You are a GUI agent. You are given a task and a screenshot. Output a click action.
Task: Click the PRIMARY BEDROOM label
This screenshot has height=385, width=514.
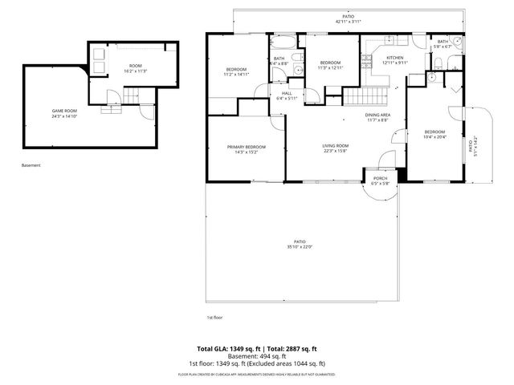245,148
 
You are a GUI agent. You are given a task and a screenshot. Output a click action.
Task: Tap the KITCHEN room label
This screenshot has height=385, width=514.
395,58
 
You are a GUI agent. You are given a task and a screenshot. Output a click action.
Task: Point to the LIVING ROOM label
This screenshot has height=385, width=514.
335,145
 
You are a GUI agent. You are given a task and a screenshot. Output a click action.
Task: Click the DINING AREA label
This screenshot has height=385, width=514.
378,115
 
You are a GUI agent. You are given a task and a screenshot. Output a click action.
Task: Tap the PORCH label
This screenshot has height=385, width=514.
380,178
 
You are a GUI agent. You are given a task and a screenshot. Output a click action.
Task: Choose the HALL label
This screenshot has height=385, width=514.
286,93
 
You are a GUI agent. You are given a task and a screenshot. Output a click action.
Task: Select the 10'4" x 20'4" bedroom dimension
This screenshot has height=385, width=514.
434,136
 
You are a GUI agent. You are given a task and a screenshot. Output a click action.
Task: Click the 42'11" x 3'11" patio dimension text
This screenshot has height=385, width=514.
348,22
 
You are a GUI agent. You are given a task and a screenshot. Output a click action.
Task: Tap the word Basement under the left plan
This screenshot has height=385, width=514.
31,165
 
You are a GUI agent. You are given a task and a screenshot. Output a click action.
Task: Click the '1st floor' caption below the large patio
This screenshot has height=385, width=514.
214,317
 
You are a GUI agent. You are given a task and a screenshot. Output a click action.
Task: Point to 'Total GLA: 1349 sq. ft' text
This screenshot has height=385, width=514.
226,349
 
